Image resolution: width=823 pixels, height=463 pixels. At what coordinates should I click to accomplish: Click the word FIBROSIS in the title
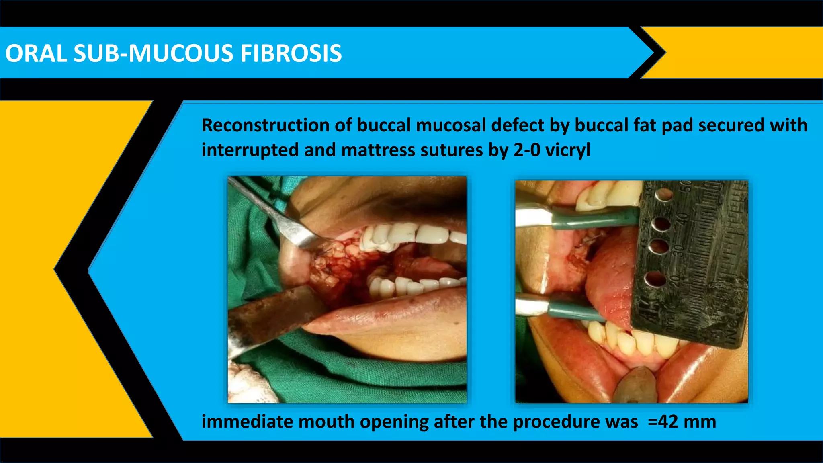point(291,53)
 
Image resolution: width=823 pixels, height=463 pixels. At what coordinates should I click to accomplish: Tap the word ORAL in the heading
point(36,53)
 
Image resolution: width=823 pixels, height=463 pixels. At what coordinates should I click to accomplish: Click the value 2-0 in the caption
point(526,150)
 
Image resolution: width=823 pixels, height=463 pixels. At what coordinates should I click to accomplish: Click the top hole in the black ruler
point(663,195)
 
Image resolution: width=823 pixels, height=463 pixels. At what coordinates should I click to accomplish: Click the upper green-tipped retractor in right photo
point(591,219)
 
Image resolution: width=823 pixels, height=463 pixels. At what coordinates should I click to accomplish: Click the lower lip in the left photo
point(382,318)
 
